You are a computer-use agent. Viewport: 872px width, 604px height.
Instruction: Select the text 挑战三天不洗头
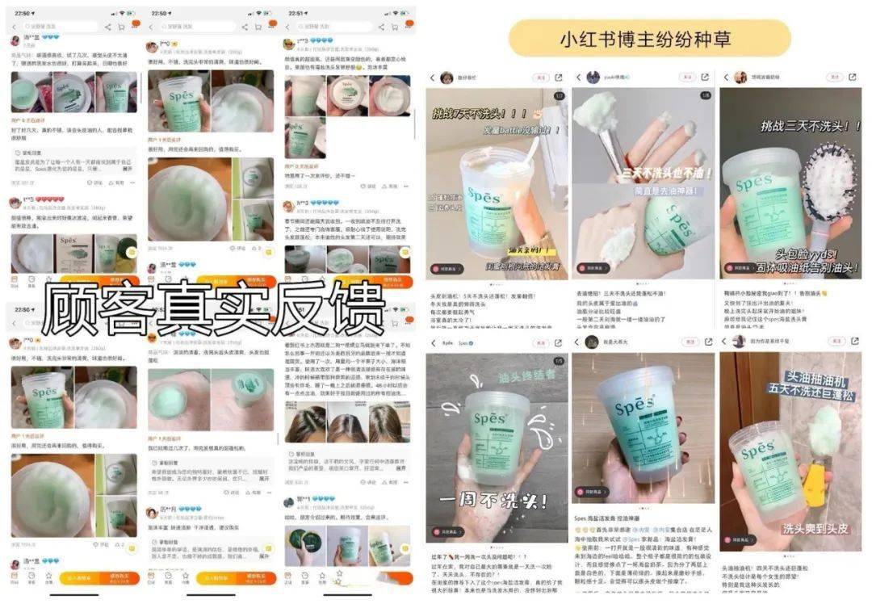pyautogui.click(x=809, y=126)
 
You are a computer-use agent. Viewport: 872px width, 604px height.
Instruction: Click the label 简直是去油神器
pyautogui.click(x=668, y=192)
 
